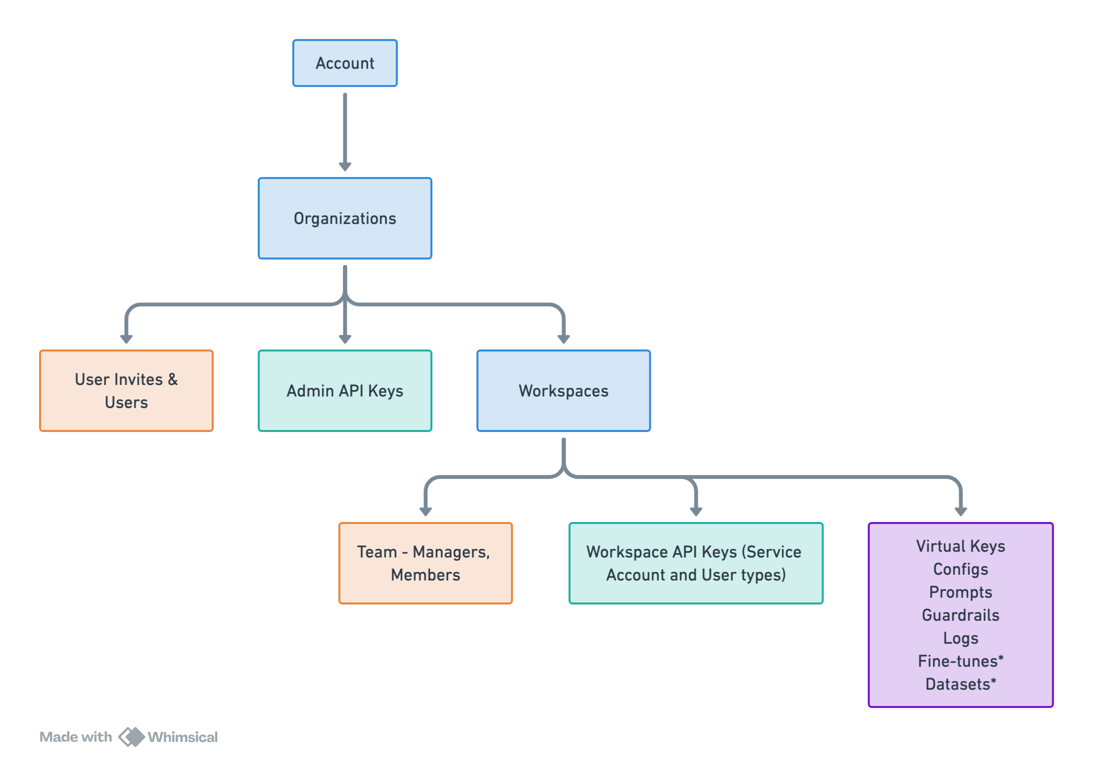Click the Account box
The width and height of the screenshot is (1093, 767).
[x=345, y=63]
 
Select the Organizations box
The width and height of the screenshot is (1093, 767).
[x=345, y=218]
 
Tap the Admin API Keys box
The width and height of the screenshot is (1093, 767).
[x=345, y=391]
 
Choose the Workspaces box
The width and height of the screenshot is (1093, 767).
[x=564, y=391]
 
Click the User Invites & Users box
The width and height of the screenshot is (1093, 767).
[x=126, y=391]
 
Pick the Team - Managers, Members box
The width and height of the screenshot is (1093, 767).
[x=425, y=563]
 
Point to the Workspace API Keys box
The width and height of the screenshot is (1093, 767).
[x=696, y=563]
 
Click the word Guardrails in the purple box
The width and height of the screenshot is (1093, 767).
[x=961, y=615]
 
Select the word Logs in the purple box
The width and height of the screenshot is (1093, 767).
[x=961, y=639]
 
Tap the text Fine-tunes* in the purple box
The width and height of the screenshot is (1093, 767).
[x=961, y=661]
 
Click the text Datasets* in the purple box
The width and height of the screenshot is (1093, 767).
[x=961, y=684]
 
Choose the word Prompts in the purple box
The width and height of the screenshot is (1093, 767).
[x=961, y=593]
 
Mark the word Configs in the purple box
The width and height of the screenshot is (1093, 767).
[x=961, y=569]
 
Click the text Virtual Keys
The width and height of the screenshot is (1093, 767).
[x=961, y=546]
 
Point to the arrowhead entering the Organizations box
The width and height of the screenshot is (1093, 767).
[x=345, y=167]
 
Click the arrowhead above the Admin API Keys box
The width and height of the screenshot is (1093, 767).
[x=345, y=339]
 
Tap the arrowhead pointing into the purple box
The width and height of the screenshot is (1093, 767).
[x=961, y=512]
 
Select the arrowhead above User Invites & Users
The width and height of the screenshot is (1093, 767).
[x=126, y=339]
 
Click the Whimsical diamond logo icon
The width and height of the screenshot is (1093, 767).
[x=131, y=737]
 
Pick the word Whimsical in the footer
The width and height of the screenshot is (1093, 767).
[x=183, y=737]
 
